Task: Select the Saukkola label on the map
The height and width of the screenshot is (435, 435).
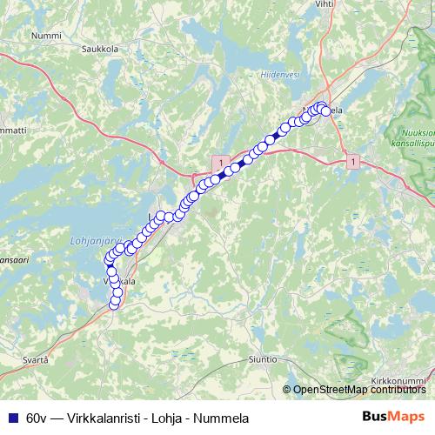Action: (101, 48)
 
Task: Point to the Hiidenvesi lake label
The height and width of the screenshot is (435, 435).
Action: (280, 75)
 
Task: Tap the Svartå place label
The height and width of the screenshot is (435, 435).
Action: (35, 358)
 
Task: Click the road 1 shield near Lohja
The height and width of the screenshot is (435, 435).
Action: (223, 163)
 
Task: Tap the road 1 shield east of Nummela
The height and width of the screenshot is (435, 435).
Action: (352, 162)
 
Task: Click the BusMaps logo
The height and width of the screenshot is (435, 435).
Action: (392, 417)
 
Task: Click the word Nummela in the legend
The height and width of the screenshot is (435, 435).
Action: (225, 418)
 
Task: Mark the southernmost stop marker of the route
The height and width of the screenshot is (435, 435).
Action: (116, 303)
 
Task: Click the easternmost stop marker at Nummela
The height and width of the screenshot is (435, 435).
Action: (326, 111)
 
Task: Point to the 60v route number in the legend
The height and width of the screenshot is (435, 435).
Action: (37, 418)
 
